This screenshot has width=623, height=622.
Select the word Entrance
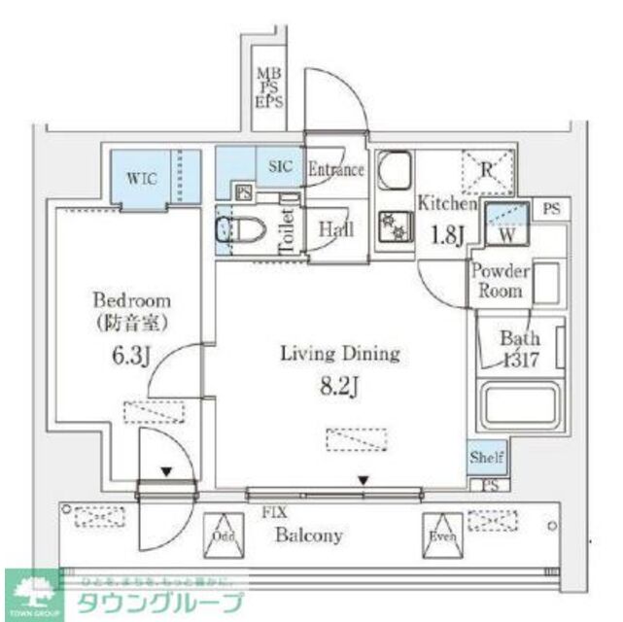[x=335, y=169]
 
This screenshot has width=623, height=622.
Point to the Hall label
[x=335, y=230]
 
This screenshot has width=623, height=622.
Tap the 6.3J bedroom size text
[x=130, y=356]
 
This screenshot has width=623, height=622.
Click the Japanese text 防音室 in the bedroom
[x=131, y=322]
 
